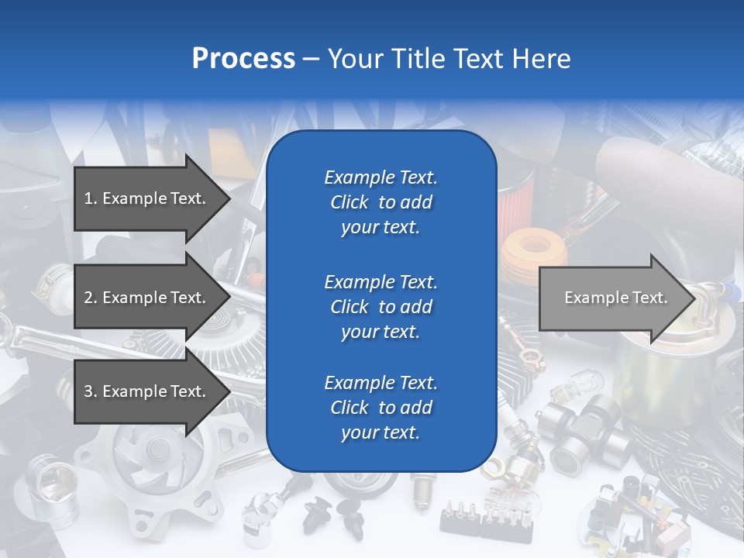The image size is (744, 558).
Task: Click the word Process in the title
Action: (x=243, y=59)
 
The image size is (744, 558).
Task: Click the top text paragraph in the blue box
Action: (x=381, y=202)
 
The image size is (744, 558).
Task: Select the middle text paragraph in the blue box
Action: (x=381, y=307)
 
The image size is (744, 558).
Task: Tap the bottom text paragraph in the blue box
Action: (x=381, y=408)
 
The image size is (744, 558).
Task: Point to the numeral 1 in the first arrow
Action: (x=88, y=198)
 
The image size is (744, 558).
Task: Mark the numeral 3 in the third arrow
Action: (x=88, y=391)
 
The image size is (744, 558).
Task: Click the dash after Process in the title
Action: (x=311, y=59)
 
